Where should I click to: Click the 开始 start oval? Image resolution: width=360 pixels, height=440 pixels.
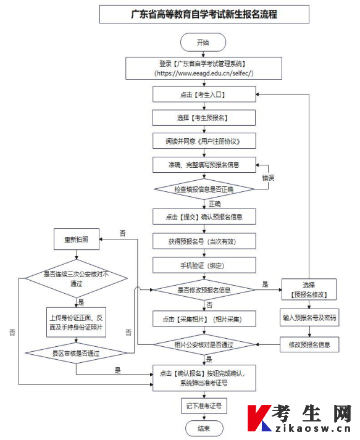coord(203,43)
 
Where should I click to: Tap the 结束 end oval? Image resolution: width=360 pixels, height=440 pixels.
coord(204,428)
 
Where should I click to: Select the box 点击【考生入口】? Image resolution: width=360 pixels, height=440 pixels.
coord(204,94)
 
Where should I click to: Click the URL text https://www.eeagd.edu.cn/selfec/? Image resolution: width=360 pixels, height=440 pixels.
coord(204,73)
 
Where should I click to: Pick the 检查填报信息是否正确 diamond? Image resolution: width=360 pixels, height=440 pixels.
coord(204,189)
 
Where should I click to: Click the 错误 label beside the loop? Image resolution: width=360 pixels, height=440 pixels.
coord(268,178)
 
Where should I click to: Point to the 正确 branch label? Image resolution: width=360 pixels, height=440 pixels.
coord(215,204)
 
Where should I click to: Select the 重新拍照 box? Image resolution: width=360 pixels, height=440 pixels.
coord(77,239)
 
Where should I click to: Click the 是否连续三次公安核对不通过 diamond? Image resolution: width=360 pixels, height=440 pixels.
coord(77,278)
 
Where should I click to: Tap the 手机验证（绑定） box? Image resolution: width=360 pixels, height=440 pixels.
coord(204,265)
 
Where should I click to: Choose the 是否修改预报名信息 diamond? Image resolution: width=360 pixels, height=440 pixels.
coord(204,289)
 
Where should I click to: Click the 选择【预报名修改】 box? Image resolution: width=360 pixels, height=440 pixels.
coord(309,289)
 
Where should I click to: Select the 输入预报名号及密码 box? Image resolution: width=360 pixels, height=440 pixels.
coord(309,318)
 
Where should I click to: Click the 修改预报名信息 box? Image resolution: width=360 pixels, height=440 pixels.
coord(309,344)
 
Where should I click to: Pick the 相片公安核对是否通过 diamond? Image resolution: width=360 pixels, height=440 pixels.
coord(204,344)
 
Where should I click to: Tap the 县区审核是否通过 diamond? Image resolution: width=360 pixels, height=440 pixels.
coord(76,353)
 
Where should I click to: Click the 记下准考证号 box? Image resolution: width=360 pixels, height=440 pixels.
coord(204,406)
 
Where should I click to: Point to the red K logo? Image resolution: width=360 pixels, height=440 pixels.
coord(259,418)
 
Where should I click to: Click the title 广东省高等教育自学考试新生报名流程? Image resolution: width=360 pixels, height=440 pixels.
coord(204,14)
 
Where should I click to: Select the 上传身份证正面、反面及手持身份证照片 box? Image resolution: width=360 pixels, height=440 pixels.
coord(76,322)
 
